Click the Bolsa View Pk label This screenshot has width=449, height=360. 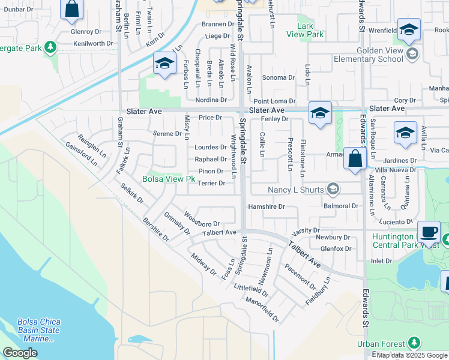169,179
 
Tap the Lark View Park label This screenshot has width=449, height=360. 310,30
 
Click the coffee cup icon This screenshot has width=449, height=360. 429,232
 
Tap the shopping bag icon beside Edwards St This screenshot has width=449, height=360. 354,160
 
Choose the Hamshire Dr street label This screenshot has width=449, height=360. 266,206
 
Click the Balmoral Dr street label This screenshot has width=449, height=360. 341,206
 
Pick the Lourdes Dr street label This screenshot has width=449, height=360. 210,147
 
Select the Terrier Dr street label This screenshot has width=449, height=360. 211,183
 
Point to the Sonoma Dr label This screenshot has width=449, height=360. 279,78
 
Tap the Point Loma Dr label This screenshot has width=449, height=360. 274,101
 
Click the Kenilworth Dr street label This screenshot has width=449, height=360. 93,44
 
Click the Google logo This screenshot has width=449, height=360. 20,353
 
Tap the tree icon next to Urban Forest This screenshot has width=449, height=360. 414,343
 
